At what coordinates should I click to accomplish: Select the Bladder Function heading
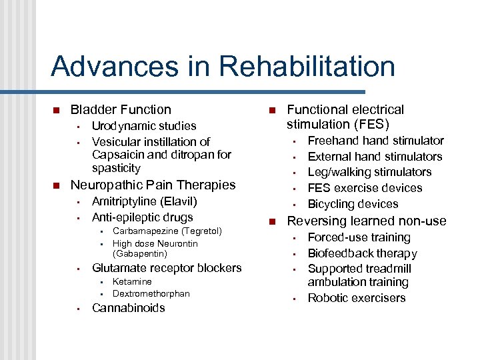[121, 109]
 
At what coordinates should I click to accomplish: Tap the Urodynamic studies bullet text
[144, 126]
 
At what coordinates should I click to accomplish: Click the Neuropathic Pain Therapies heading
[153, 185]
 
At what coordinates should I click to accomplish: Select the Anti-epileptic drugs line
[142, 217]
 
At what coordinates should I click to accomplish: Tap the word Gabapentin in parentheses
[140, 254]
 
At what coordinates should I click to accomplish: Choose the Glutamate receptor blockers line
[167, 268]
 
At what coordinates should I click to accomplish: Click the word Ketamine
[132, 282]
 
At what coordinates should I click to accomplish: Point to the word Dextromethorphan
[151, 294]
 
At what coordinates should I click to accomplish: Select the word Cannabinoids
[128, 308]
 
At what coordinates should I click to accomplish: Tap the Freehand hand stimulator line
[375, 141]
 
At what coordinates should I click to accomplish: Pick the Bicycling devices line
[353, 204]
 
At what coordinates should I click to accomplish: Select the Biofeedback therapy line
[362, 253]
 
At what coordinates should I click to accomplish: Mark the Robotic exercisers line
[357, 298]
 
